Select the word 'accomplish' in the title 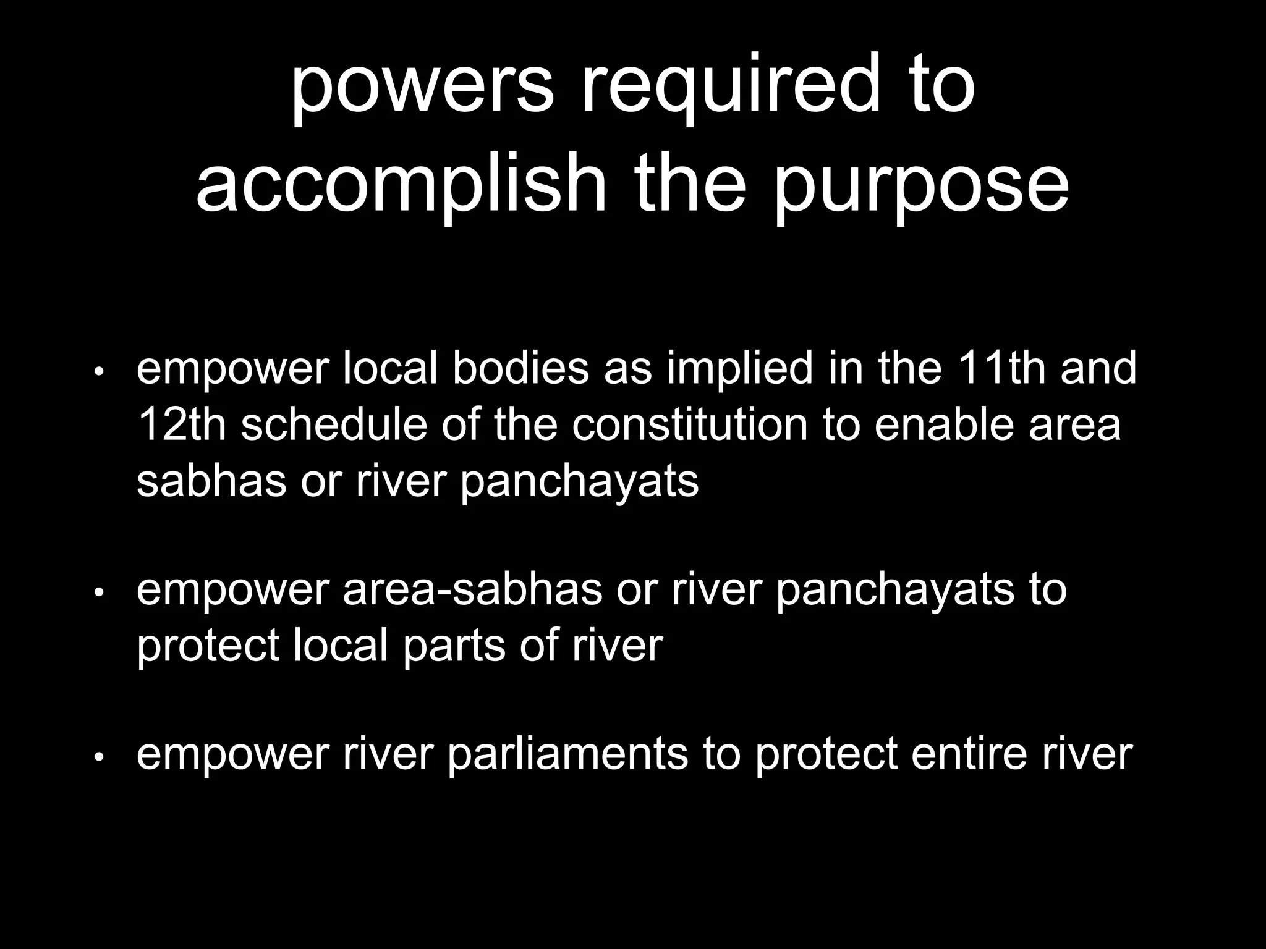pos(401,184)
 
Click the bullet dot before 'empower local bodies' pos(99,373)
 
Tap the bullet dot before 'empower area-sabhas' pos(99,593)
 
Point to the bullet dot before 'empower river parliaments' pos(99,758)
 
